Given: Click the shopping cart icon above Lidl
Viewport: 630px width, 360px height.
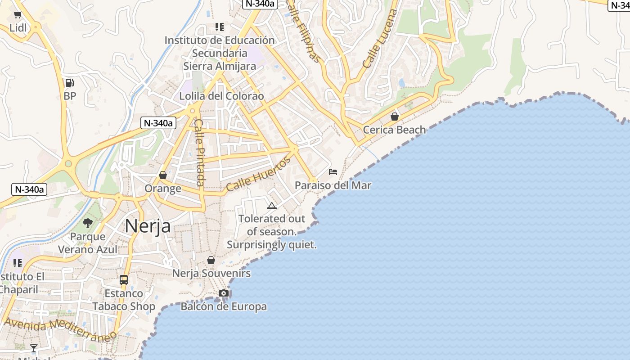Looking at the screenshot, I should (x=18, y=15).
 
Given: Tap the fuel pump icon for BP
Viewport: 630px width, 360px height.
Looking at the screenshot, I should (x=69, y=83).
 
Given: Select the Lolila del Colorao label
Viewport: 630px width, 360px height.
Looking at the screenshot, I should (x=221, y=96).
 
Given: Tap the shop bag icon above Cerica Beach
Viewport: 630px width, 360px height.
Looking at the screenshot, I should (x=395, y=117).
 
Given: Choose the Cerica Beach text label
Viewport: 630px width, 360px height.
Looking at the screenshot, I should (x=394, y=130).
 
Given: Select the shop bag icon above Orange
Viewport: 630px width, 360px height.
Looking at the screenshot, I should (x=163, y=175).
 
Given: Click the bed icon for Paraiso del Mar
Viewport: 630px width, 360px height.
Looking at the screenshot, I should (x=333, y=172).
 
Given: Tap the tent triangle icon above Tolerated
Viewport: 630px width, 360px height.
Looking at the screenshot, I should (x=271, y=206).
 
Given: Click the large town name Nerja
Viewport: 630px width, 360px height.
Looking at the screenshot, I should (x=148, y=226).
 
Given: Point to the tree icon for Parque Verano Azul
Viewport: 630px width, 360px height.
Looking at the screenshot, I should (x=88, y=223).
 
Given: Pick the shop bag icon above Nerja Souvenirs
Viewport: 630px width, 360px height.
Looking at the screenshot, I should (x=211, y=260).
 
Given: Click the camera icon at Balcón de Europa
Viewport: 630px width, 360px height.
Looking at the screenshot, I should (x=224, y=293).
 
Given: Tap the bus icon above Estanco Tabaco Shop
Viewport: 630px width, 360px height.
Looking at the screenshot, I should (x=124, y=280).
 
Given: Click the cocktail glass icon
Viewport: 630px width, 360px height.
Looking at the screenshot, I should (x=34, y=348).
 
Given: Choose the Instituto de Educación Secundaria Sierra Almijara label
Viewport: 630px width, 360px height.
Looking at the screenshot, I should (x=220, y=53).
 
